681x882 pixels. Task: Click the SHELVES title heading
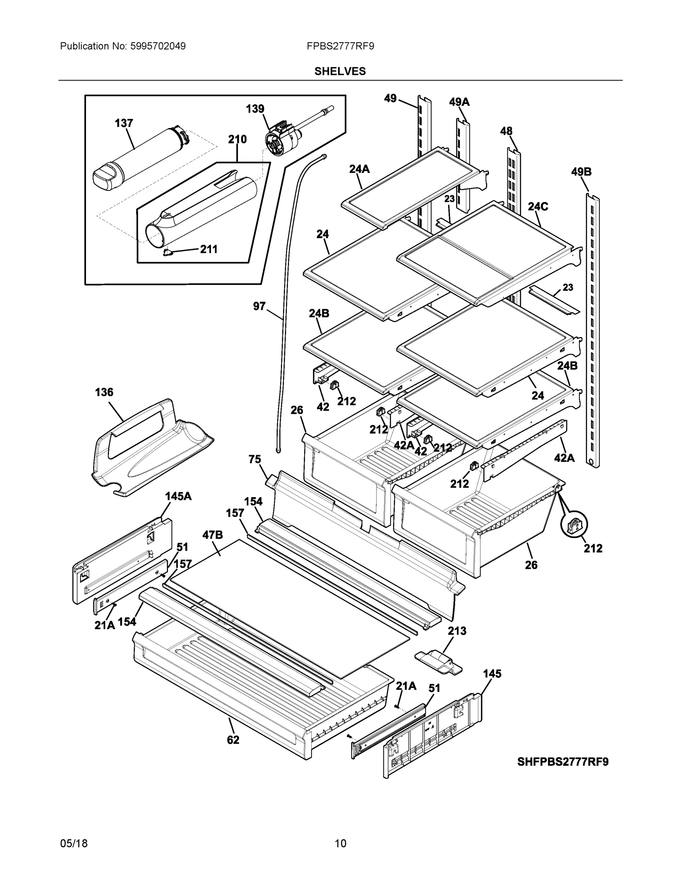pyautogui.click(x=340, y=72)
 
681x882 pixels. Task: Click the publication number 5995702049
pyautogui.click(x=158, y=46)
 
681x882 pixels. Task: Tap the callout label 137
pyautogui.click(x=124, y=123)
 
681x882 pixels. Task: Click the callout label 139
pyautogui.click(x=255, y=109)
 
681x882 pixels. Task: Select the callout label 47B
pyautogui.click(x=213, y=535)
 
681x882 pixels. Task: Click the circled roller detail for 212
pyautogui.click(x=574, y=524)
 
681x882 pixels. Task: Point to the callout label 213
pyautogui.click(x=457, y=631)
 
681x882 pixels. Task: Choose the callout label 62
pyautogui.click(x=233, y=740)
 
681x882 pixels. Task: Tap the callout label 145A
pyautogui.click(x=178, y=496)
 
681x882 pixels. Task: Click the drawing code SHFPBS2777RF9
pyautogui.click(x=563, y=762)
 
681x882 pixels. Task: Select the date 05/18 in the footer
pyautogui.click(x=74, y=843)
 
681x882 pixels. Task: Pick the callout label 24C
pyautogui.click(x=538, y=207)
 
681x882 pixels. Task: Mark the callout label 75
pyautogui.click(x=254, y=460)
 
